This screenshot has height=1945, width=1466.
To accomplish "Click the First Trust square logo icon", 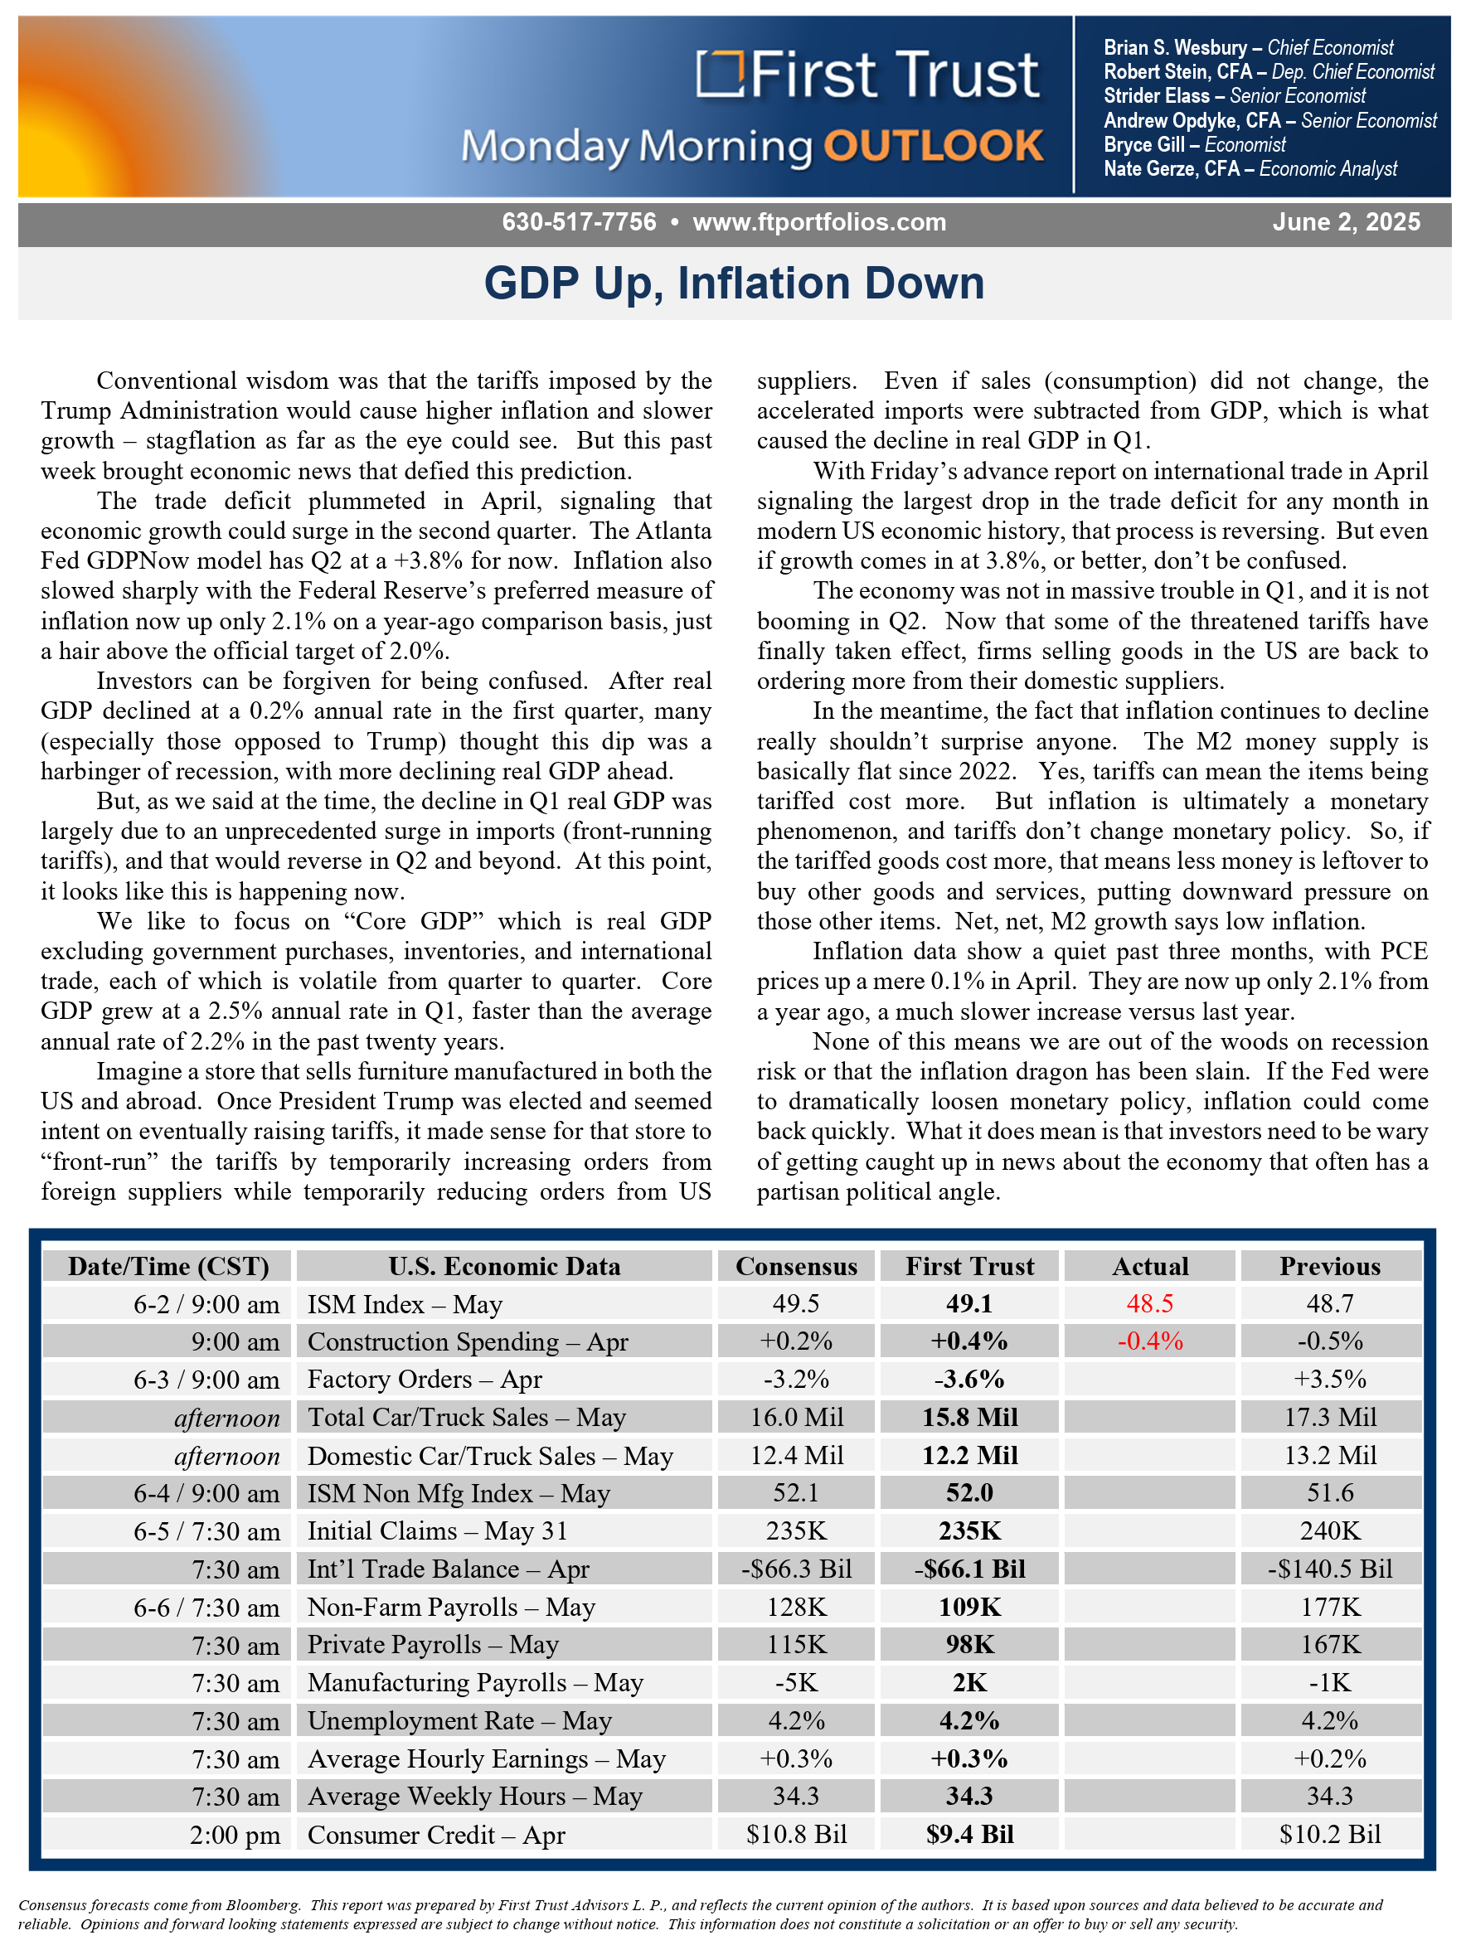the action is [x=720, y=74].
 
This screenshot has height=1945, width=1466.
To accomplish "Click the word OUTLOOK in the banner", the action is [x=933, y=146].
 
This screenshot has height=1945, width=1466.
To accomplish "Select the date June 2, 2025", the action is [x=1346, y=221].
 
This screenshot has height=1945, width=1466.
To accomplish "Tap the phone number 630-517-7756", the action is [x=579, y=221].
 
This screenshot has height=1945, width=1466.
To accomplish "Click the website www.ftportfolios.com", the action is [x=818, y=222].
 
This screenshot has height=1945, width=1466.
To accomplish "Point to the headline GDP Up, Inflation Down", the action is [x=735, y=284].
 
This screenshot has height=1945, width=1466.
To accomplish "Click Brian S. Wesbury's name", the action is [x=1175, y=47].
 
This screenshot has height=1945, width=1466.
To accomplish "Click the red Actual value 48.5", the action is [x=1149, y=1303].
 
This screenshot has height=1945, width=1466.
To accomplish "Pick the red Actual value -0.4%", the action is [x=1149, y=1341].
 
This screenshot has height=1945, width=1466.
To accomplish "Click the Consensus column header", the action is [x=796, y=1266].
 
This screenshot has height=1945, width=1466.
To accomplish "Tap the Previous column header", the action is [x=1330, y=1266].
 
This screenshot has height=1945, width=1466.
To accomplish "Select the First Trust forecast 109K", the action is [x=969, y=1607].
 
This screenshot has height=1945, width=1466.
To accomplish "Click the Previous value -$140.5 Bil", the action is [x=1330, y=1569].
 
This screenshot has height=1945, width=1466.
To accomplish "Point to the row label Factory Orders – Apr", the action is [x=425, y=1379].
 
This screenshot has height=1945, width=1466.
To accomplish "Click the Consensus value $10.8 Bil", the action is [x=796, y=1834].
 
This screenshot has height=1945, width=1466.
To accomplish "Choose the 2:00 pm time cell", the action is [x=235, y=1835].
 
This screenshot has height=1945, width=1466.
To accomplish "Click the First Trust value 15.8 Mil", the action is [x=969, y=1417].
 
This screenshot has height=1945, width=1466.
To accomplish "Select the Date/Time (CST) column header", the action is [x=168, y=1266].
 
